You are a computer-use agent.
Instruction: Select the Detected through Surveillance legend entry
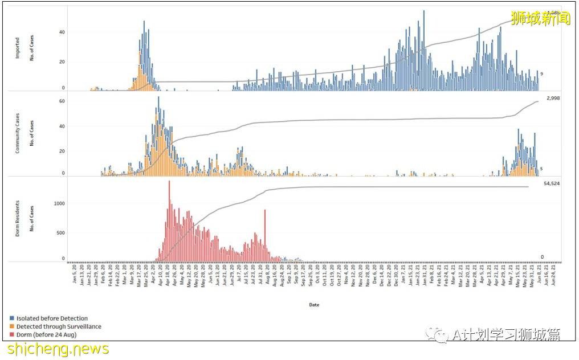(58, 326)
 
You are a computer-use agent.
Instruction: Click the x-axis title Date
(314, 305)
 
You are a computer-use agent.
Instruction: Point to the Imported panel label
(17, 48)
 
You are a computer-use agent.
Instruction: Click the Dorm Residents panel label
(17, 219)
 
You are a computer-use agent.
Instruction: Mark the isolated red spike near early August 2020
(265, 234)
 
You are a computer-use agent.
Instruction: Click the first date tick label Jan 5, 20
(75, 273)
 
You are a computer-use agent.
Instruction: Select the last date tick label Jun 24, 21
(553, 273)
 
